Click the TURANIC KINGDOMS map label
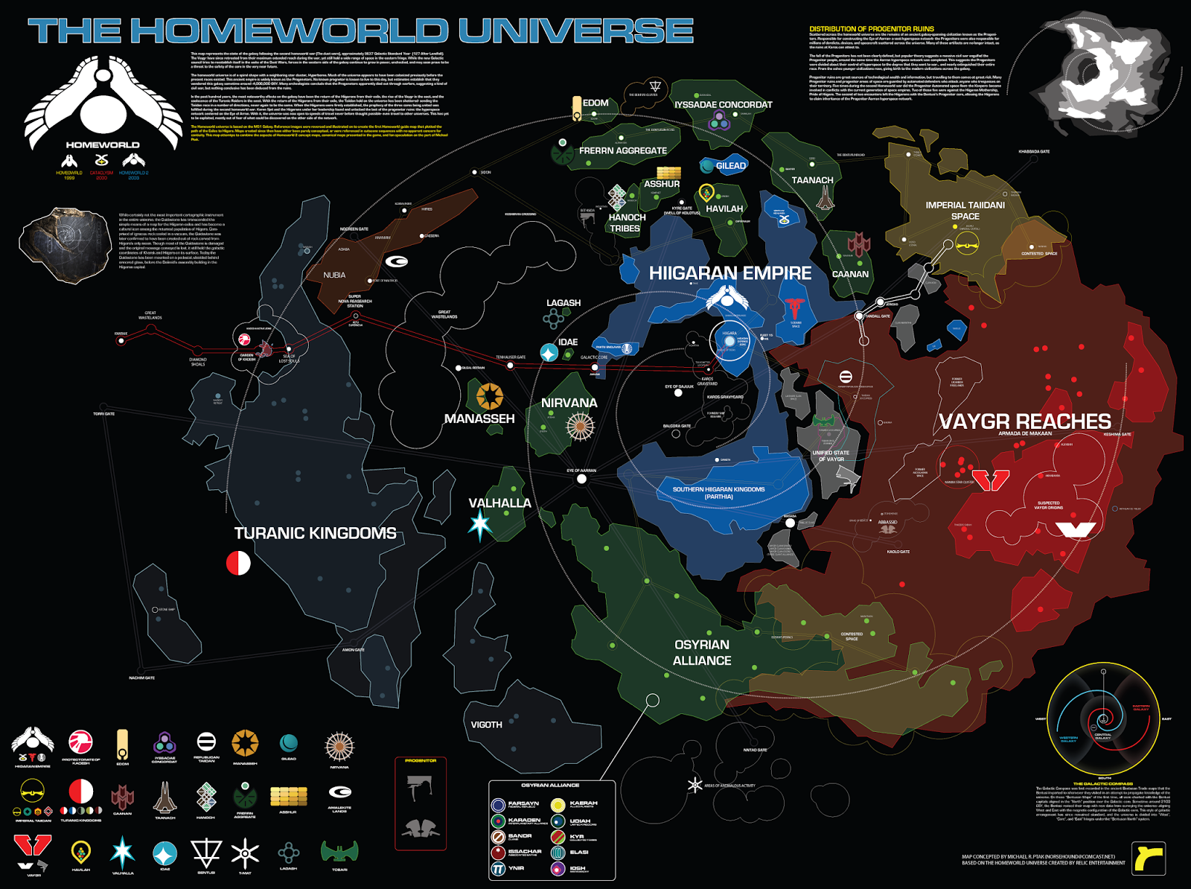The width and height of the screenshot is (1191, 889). pos(315,533)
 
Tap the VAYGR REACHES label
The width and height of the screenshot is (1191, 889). pos(1024,421)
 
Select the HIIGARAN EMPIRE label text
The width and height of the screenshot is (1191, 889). pos(729,273)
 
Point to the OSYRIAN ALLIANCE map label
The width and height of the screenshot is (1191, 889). pos(702,652)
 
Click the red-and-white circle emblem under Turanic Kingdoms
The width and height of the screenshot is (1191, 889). pos(238,562)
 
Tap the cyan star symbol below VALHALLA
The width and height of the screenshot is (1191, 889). pos(480,525)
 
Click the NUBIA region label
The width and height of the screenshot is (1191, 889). pos(334,275)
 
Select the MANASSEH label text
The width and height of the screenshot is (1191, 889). pos(479,418)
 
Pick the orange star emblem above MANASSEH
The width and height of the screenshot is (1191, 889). pos(489,396)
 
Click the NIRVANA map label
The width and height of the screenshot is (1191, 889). pos(569,403)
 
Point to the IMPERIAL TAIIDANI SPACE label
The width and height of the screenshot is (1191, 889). pos(965,210)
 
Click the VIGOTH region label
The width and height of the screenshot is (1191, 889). pos(486,724)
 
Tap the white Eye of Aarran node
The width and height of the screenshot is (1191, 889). pos(581,479)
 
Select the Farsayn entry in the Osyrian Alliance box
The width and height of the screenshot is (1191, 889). pos(523,804)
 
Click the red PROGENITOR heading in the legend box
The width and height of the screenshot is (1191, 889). pos(421,761)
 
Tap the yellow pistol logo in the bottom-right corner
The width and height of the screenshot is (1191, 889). pos(1149,858)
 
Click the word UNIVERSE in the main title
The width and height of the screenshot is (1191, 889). pos(575,31)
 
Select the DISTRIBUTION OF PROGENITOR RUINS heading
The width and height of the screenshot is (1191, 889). pos(871,29)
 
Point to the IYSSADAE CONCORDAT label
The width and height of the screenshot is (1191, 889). pos(723,105)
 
